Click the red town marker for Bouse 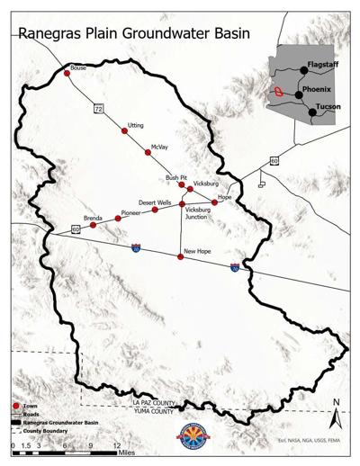[67, 74]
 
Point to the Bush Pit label [175, 178]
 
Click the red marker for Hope [214, 202]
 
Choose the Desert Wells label [155, 203]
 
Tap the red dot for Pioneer [117, 220]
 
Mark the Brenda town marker [93, 225]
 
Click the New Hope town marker [181, 257]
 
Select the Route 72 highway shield [98, 108]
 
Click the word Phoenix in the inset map [317, 90]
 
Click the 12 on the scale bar [117, 444]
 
